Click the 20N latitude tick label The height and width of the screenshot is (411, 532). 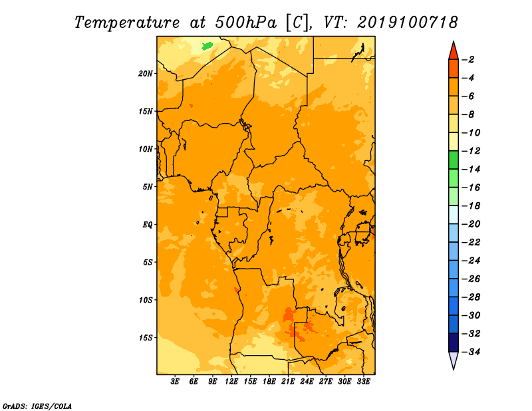point(146,74)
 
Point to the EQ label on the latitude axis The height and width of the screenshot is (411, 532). point(148,225)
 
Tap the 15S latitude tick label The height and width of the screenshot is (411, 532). point(146,338)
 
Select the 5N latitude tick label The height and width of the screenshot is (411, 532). point(148,187)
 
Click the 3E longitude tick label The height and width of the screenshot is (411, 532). point(175,382)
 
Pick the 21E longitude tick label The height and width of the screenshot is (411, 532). point(288,382)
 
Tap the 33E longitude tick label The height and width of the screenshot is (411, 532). point(363,382)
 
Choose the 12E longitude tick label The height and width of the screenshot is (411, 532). point(231,382)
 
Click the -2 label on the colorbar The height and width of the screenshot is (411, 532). point(468,60)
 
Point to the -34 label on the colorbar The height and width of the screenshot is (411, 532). point(471,352)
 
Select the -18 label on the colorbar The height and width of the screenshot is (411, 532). point(471,206)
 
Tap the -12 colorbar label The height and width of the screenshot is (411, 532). point(471,151)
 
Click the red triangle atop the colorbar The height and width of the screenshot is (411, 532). point(454,52)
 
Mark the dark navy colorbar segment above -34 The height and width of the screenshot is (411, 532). point(454,342)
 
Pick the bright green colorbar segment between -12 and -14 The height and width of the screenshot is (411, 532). point(454,160)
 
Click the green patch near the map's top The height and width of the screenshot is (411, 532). point(207,46)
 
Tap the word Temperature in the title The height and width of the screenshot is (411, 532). point(127,23)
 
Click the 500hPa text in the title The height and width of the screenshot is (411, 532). point(246,23)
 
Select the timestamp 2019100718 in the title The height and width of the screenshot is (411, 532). point(408,23)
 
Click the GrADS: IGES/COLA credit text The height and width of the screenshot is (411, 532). point(37,406)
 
